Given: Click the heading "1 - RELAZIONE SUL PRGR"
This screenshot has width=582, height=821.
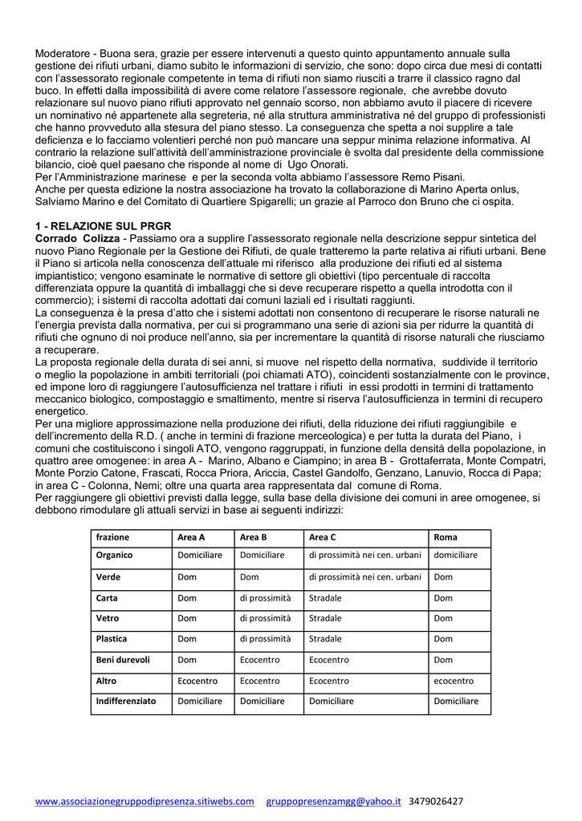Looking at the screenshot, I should click(103, 226).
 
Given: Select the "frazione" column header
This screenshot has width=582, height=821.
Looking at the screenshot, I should click(112, 537).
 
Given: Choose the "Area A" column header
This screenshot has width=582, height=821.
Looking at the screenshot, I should click(191, 537).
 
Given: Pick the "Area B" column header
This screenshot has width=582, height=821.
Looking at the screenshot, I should click(254, 537).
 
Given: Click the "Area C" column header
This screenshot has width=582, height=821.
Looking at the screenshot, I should click(323, 537).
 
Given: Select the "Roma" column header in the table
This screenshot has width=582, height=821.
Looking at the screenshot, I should click(446, 537).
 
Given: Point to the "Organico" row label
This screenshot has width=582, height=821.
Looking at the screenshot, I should click(115, 555).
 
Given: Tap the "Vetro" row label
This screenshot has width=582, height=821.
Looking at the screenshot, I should click(108, 618).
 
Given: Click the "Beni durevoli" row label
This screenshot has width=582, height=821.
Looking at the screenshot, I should click(123, 660).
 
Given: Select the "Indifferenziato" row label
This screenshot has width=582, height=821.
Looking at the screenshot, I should click(126, 701).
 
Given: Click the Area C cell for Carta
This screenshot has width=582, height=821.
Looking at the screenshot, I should click(325, 597).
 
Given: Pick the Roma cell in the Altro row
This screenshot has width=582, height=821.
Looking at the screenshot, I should click(454, 681).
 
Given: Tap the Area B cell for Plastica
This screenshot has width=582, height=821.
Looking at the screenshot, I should click(266, 639).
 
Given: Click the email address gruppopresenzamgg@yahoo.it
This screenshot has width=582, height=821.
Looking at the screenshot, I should click(333, 801).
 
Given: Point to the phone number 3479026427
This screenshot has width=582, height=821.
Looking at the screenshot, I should click(436, 801).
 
